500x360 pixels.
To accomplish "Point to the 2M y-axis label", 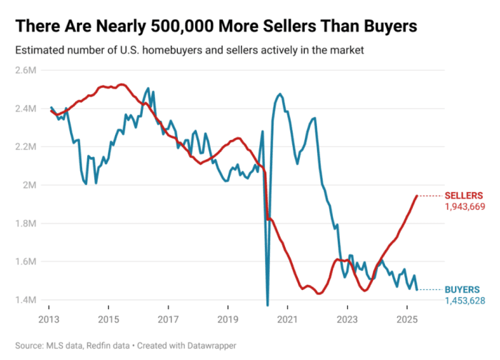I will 31,185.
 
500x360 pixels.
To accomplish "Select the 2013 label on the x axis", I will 49,319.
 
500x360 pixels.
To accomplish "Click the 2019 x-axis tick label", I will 227,319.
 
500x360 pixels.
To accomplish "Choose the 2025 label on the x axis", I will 406,319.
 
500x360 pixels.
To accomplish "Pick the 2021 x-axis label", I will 287,319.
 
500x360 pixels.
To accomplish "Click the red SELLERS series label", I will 464,195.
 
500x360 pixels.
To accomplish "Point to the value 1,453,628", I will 465,301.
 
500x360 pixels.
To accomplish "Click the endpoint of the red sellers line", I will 417,196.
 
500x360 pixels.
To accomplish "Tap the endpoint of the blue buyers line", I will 417,289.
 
